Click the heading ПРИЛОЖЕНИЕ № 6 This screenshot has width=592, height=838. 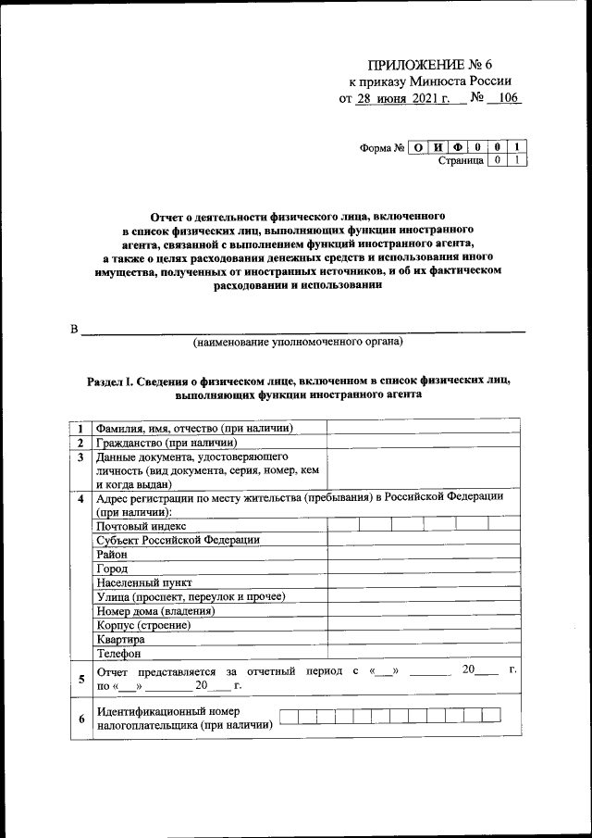(x=439, y=64)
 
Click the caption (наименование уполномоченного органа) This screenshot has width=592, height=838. (x=297, y=343)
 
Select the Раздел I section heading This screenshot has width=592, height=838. (x=297, y=387)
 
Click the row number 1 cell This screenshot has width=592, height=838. (x=81, y=428)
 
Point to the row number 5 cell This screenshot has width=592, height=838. (x=81, y=679)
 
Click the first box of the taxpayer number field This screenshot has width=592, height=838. (x=288, y=715)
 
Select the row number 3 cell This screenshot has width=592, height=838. (x=81, y=457)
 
